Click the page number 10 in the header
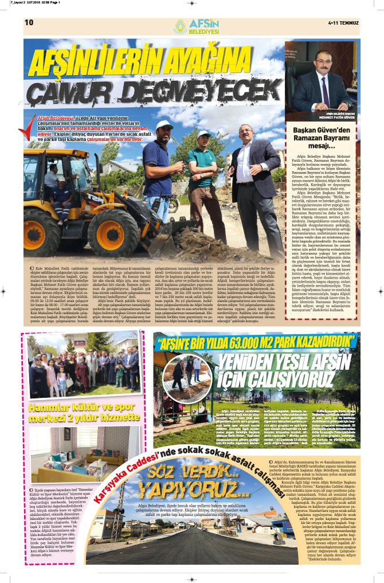[29, 22]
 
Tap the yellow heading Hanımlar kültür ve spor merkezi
[85, 399]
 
